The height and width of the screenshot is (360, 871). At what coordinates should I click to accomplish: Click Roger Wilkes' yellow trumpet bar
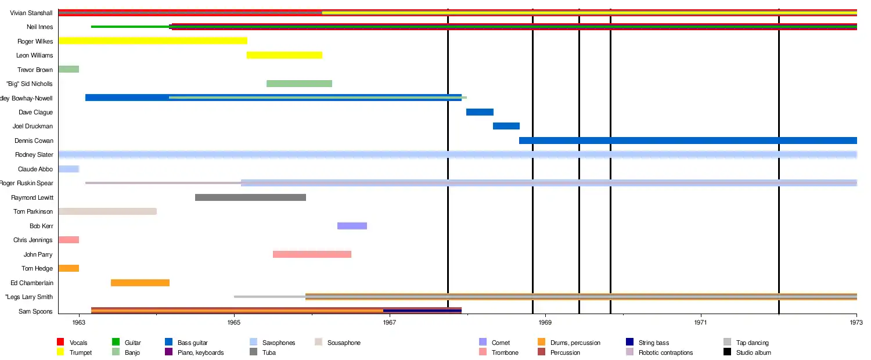[153, 41]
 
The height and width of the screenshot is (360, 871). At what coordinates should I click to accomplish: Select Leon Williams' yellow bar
[285, 55]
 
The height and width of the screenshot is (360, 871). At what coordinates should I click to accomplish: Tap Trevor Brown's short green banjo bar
[69, 69]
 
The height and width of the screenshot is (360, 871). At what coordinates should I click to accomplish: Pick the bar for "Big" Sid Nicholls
[299, 84]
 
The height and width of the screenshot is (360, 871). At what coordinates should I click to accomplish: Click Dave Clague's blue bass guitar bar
[480, 112]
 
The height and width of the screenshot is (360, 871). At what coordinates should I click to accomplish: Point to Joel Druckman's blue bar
[506, 126]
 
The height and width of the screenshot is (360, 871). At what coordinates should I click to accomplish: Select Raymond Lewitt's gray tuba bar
[250, 197]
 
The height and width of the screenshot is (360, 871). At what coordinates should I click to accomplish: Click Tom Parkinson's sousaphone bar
[107, 211]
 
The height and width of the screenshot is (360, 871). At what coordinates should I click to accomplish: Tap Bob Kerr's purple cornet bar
[352, 226]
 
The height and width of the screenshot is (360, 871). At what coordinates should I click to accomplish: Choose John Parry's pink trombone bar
[312, 254]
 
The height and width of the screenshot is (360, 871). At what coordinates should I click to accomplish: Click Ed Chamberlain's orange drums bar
[140, 283]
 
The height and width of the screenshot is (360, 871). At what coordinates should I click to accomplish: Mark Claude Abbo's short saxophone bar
[69, 169]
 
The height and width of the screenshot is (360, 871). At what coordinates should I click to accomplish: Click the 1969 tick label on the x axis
[545, 321]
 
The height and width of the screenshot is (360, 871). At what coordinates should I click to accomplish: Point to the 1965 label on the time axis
[234, 321]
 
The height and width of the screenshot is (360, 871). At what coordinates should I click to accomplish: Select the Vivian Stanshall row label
[31, 13]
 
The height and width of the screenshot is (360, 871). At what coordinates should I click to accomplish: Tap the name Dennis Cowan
[34, 141]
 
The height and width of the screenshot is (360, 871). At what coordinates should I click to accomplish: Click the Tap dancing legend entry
[752, 343]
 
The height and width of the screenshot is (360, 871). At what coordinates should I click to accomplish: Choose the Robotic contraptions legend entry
[665, 352]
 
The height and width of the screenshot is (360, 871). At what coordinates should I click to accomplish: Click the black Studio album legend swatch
[728, 352]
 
